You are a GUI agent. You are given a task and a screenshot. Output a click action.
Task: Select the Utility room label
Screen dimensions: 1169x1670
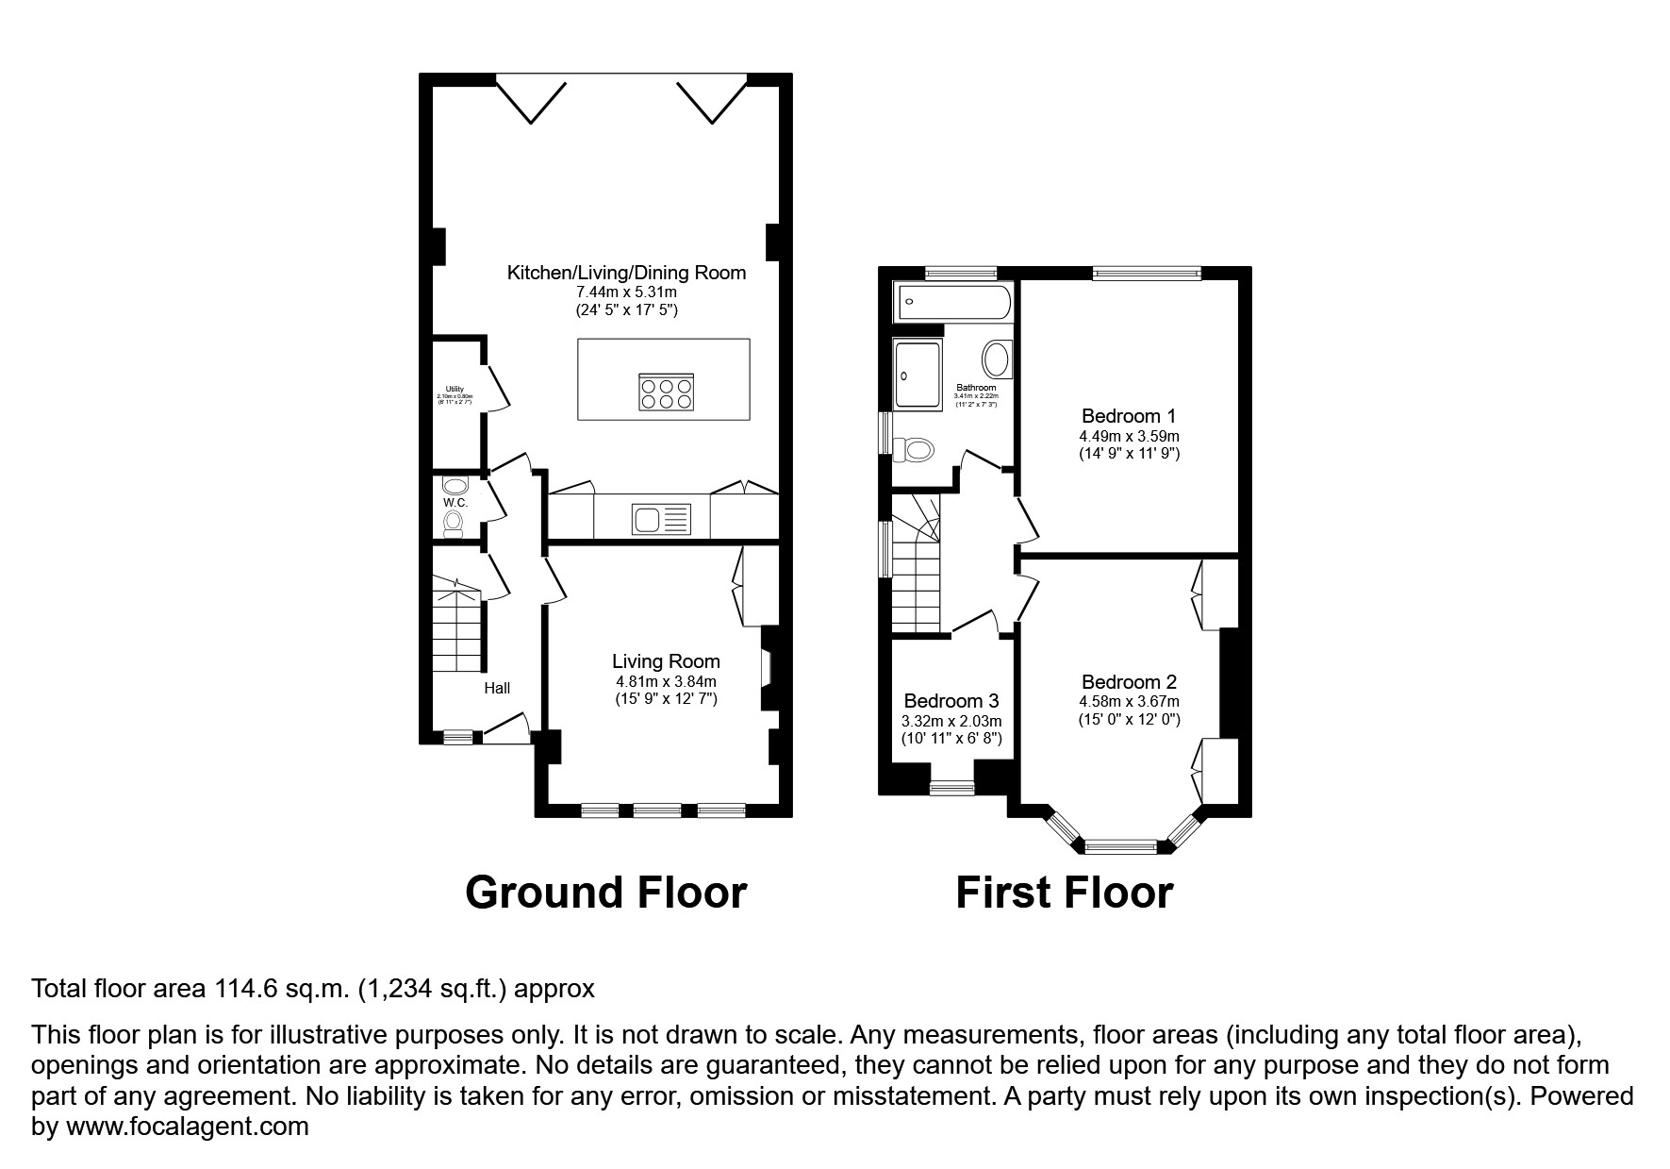455,389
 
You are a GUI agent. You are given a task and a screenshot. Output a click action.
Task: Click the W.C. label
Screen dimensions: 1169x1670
455,503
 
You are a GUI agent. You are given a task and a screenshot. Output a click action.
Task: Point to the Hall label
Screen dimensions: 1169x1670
497,688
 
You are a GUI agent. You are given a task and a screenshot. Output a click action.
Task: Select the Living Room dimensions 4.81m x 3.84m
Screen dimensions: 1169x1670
666,681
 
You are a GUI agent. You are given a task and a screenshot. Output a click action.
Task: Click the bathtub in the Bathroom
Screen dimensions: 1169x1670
951,302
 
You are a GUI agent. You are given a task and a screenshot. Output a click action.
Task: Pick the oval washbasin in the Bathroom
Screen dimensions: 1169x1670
996,360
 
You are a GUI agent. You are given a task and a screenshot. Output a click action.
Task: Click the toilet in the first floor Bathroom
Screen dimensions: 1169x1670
915,450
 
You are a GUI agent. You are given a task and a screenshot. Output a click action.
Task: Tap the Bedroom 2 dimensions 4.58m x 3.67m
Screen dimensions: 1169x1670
1129,701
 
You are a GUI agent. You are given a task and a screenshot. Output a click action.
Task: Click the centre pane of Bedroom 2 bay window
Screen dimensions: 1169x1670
1120,846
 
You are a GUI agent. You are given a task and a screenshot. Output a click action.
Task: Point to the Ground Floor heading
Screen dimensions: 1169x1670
605,893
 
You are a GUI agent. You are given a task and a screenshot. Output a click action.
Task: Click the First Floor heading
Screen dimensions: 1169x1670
1064,893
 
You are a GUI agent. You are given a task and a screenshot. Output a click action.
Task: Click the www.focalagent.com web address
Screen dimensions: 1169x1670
186,1127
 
